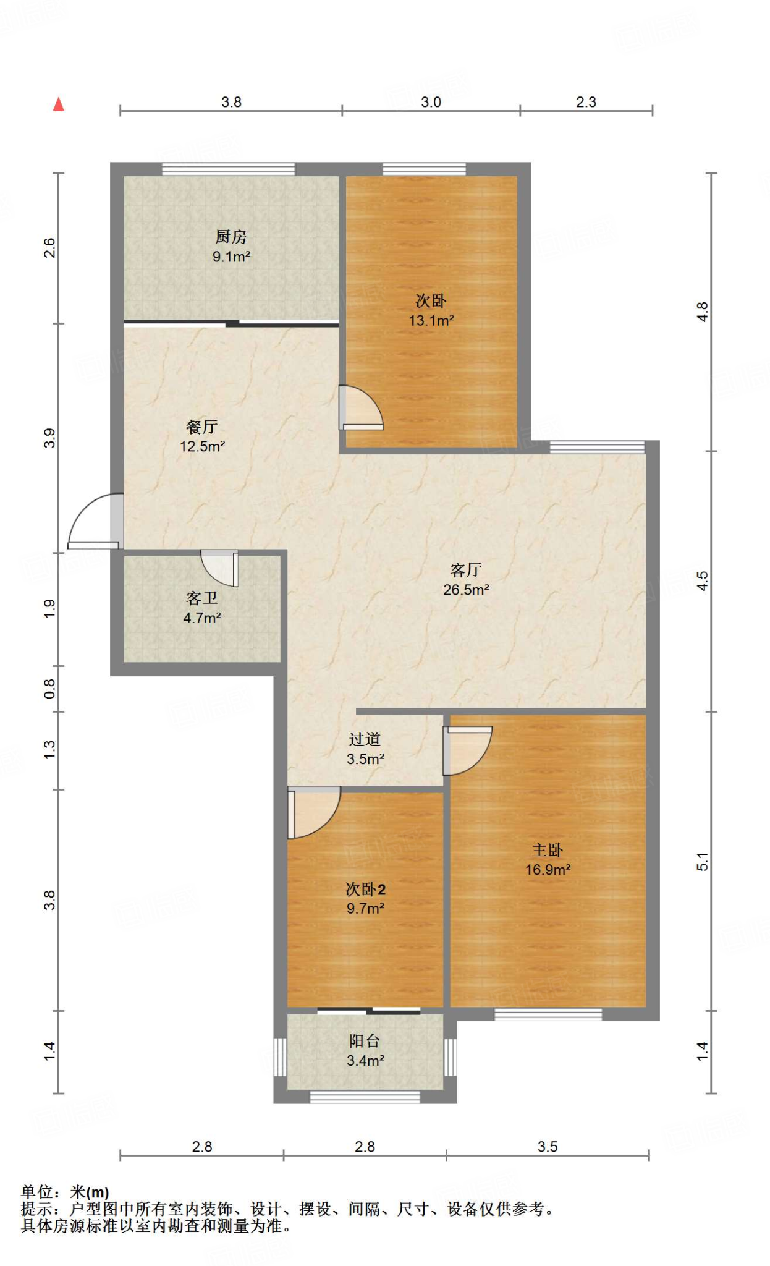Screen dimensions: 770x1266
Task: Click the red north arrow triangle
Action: [x=59, y=104]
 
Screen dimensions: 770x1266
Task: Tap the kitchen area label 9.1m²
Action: [x=231, y=257]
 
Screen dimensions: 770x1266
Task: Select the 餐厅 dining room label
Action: [x=202, y=427]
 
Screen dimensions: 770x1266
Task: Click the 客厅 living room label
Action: [x=466, y=569]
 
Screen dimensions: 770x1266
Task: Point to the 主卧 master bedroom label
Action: [x=548, y=850]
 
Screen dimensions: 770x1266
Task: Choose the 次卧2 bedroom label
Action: [x=365, y=889]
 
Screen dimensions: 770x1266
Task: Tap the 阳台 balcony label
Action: [x=365, y=1041]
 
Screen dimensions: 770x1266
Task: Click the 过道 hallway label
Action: [x=365, y=739]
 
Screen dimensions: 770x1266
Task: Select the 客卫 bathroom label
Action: [x=202, y=598]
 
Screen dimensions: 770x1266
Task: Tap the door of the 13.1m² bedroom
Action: [x=361, y=407]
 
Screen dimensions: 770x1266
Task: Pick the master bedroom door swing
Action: [x=468, y=750]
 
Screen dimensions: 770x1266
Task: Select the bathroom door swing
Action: [x=219, y=568]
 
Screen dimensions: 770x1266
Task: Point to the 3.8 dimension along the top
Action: [x=231, y=102]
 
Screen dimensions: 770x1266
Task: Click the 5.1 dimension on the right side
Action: [x=703, y=861]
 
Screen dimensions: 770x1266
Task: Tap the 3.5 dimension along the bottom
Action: [x=548, y=1147]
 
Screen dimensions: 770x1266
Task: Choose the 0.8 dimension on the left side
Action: [x=49, y=689]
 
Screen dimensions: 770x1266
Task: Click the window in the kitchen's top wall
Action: [x=229, y=169]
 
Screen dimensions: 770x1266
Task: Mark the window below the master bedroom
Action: [x=548, y=1014]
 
